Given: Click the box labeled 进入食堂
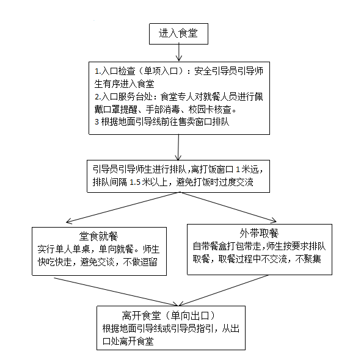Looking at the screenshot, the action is point(178,34).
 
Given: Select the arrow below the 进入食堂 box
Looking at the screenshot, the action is point(178,52).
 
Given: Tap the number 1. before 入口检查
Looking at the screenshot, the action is point(98,71).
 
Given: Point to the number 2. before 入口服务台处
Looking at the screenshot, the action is point(98,96).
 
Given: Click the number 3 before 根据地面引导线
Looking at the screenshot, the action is point(97,121).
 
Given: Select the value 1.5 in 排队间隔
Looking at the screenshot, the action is point(135,182).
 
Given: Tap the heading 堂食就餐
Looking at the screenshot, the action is point(98,236).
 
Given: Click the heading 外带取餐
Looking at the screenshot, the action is point(259,233).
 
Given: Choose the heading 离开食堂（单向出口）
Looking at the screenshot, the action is point(169,315).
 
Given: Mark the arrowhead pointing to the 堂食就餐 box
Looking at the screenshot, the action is point(68,221).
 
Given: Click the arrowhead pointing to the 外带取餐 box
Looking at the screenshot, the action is point(274,220).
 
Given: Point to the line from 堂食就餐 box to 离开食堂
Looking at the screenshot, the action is point(116,292).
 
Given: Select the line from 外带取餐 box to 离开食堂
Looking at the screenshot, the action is point(224,290).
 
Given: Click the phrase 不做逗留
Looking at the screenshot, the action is point(140,262).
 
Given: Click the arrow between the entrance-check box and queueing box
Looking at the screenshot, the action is point(178,147).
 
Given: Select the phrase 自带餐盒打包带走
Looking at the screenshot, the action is point(227,247).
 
